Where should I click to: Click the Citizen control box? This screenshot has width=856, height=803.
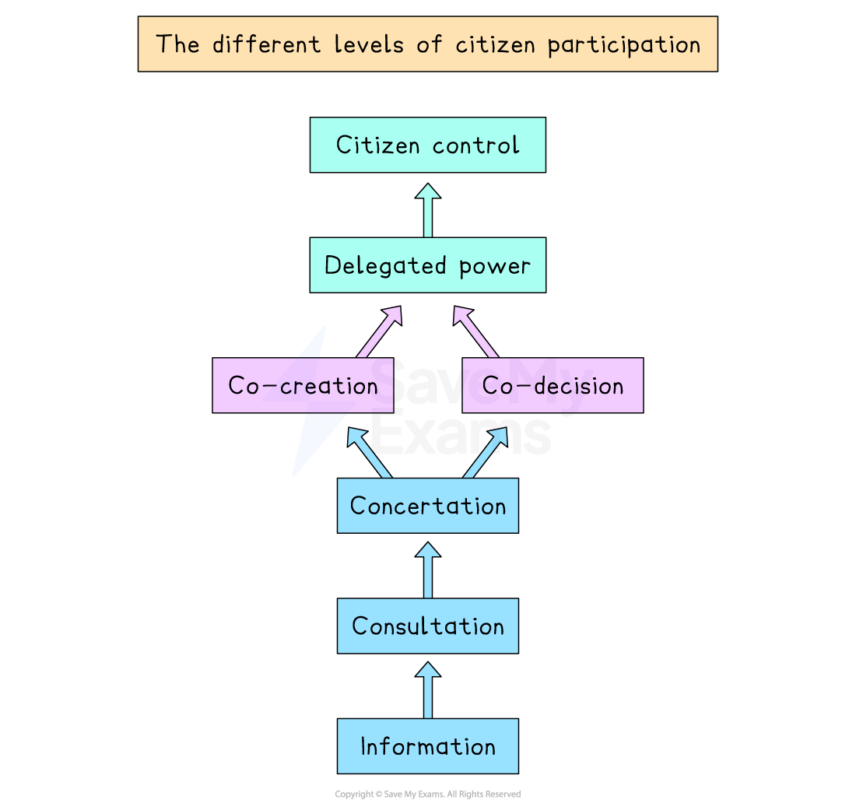point(427,145)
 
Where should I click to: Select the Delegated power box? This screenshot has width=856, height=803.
point(427,265)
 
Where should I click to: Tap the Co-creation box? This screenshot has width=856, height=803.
point(303,385)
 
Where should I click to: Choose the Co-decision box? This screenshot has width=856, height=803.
point(553,385)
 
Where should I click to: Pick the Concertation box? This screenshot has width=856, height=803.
point(427,506)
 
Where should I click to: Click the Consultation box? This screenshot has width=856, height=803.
point(427,626)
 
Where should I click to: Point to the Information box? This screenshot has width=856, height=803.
point(427,746)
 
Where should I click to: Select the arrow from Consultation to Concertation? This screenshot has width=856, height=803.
point(427,571)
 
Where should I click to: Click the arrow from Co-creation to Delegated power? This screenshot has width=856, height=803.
point(379,331)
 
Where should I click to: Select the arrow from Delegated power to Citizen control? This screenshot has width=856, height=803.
point(427,211)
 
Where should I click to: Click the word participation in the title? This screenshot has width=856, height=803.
point(623,44)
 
